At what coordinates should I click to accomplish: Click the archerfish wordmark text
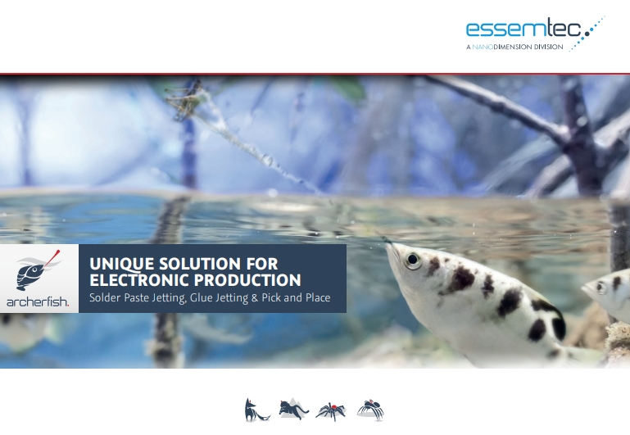point(39,302)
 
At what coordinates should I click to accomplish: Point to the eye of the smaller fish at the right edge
point(601,286)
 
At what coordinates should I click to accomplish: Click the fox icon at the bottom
point(256,410)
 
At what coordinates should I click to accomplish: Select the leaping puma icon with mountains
point(292,410)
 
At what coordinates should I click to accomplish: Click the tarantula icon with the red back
point(331,410)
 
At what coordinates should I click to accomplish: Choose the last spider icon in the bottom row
point(370,410)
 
